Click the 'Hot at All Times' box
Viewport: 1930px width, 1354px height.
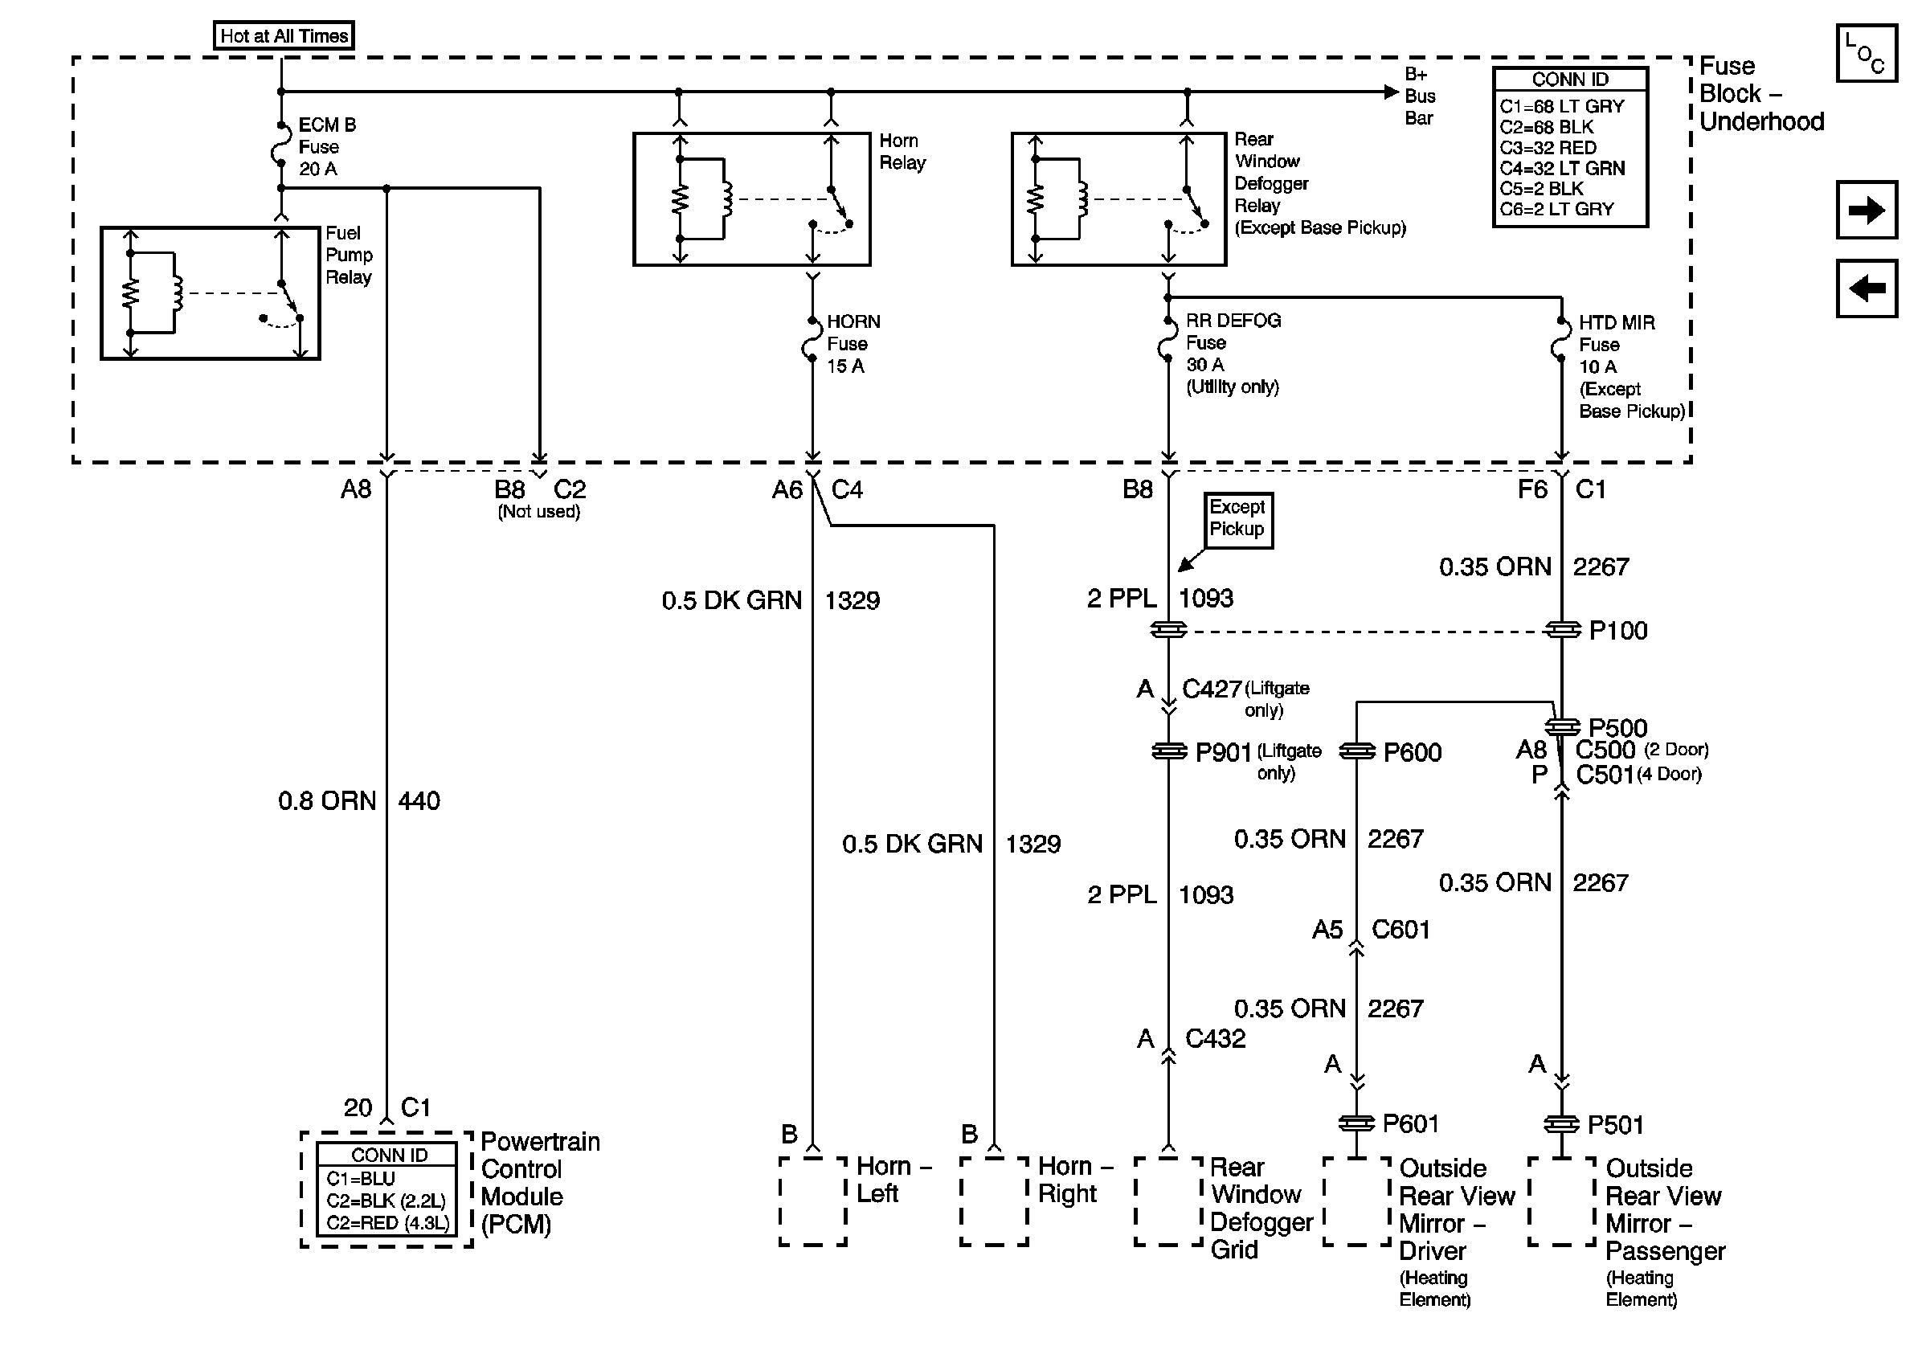(x=284, y=36)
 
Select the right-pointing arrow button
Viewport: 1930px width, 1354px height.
(x=1866, y=209)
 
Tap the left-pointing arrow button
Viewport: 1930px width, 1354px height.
(x=1866, y=289)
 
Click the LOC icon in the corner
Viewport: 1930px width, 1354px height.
(x=1866, y=54)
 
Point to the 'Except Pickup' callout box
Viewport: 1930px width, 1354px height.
(x=1237, y=519)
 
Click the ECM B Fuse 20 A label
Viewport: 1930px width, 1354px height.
(x=326, y=147)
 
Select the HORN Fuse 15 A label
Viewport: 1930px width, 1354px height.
(x=852, y=344)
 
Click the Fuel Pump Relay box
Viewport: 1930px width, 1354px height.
(x=211, y=293)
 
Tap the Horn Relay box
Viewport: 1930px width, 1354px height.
(x=751, y=199)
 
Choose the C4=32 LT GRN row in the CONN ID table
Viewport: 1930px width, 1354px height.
(x=1562, y=168)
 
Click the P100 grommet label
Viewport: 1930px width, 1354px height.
(x=1617, y=631)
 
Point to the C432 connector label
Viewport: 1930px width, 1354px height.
(x=1215, y=1039)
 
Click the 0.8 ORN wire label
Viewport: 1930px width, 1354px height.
(x=327, y=801)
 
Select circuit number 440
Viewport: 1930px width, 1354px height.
(x=419, y=801)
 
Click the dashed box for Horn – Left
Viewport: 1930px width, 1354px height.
(x=813, y=1201)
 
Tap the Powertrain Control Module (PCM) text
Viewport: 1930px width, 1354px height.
(x=540, y=1183)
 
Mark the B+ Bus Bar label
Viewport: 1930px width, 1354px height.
(x=1420, y=96)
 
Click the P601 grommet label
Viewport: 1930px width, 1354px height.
(x=1410, y=1123)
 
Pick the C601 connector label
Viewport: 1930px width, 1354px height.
(x=1400, y=930)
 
